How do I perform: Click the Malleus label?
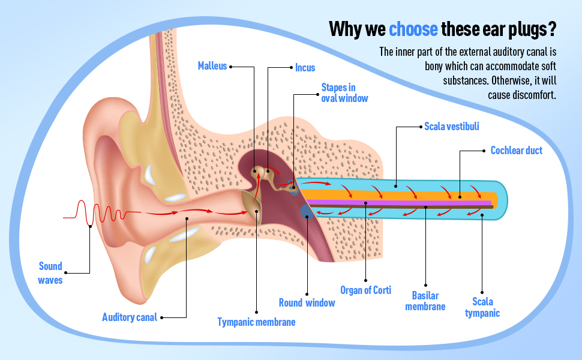(212, 66)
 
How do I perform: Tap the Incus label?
(305, 68)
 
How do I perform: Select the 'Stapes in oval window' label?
(344, 93)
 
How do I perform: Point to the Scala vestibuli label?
(451, 127)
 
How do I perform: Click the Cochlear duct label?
(516, 151)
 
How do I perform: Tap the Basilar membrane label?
(425, 301)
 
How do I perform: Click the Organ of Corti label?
(365, 290)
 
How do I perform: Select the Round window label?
(307, 302)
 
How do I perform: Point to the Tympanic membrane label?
(256, 322)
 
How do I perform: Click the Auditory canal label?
(130, 317)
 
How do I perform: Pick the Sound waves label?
(50, 273)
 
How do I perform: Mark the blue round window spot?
(306, 210)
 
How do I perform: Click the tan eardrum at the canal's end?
(253, 207)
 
